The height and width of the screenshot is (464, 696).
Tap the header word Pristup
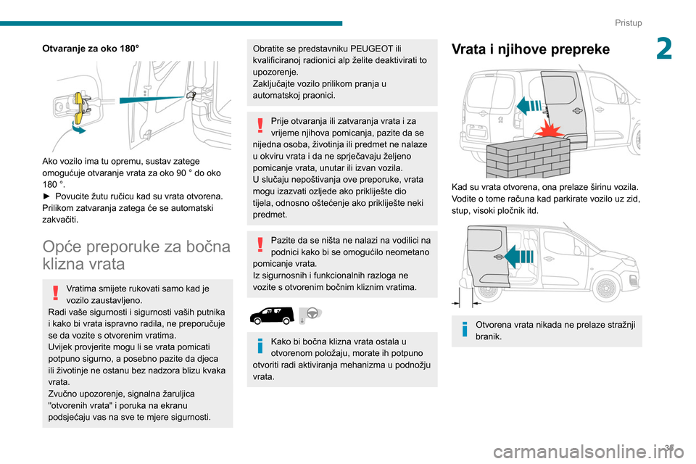[629, 23]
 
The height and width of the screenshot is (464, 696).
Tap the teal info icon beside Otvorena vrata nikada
[463, 330]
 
